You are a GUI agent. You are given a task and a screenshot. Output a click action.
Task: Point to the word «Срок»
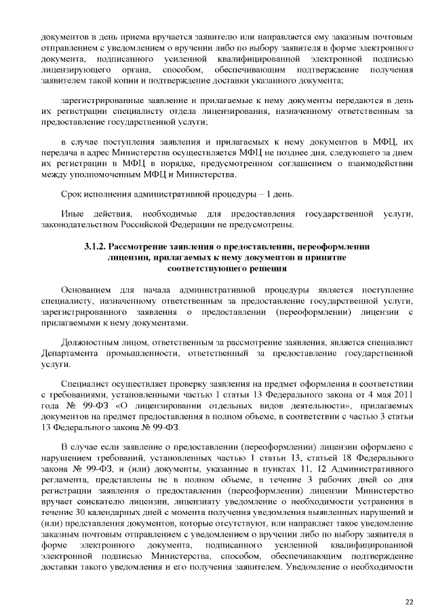(x=71, y=195)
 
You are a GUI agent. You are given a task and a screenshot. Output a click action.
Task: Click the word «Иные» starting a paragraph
(x=73, y=214)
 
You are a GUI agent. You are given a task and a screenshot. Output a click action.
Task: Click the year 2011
(x=402, y=395)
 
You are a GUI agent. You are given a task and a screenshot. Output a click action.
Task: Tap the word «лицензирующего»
(x=73, y=70)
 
